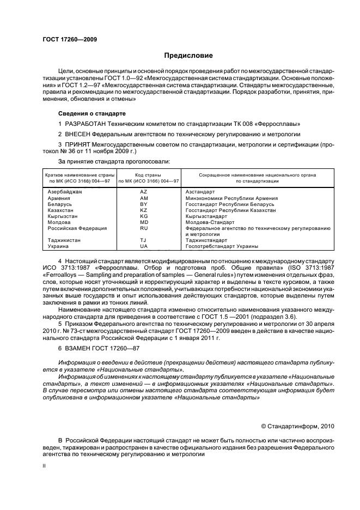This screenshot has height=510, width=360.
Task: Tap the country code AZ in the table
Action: pos(144,192)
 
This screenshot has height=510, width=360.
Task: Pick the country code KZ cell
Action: pos(144,210)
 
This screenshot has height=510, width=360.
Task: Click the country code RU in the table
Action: pos(144,228)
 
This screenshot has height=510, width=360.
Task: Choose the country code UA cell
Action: pos(144,246)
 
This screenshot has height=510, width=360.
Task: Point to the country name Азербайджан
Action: pos(65,192)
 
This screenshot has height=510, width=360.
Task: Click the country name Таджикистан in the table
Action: pos(65,240)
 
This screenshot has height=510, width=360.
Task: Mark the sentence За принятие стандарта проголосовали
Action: pos(114,162)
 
